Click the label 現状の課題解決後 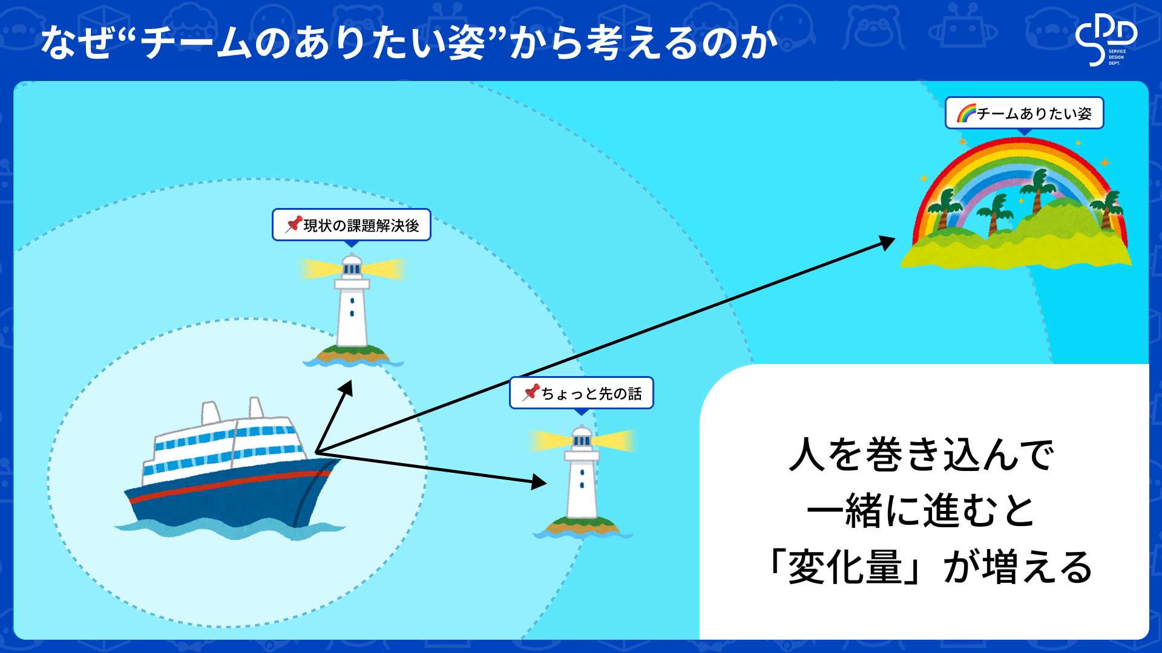361,226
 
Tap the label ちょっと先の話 591,394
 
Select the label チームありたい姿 1034,114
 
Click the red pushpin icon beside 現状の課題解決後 294,224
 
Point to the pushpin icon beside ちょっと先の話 531,392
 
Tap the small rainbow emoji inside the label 966,113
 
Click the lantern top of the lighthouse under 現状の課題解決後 352,266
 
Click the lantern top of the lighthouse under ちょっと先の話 582,438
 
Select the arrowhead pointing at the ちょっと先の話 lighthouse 539,482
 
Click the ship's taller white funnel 210,413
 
